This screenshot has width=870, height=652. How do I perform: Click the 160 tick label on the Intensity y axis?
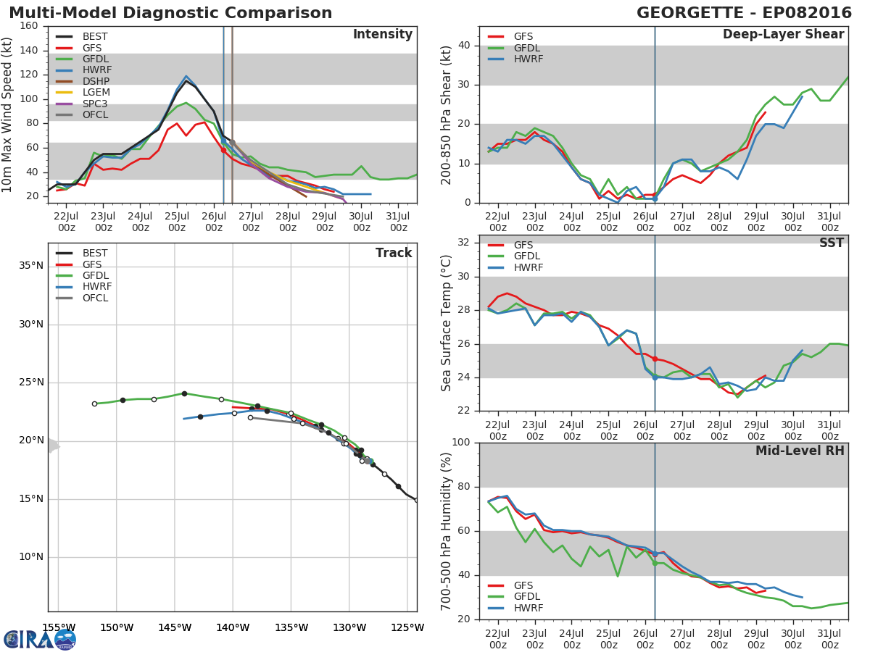(29, 26)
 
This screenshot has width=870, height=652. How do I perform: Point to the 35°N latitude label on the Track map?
(31, 266)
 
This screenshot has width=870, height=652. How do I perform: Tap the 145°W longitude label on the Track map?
(175, 627)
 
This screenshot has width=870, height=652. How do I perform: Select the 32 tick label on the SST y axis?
(464, 242)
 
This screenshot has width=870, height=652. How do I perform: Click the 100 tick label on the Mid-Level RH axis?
(461, 442)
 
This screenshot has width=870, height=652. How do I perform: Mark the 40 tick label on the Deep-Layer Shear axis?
(464, 45)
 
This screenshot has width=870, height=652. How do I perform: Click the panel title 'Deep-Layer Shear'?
(783, 35)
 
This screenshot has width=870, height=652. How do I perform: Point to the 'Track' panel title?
(394, 253)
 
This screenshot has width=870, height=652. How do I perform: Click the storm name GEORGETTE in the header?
(690, 13)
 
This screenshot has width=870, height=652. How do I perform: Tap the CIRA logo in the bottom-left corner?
(40, 639)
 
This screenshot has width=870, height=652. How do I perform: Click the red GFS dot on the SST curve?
(655, 359)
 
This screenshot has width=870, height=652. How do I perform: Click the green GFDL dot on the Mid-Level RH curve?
(655, 564)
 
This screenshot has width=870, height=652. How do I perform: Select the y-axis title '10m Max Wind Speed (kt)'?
(7, 114)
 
